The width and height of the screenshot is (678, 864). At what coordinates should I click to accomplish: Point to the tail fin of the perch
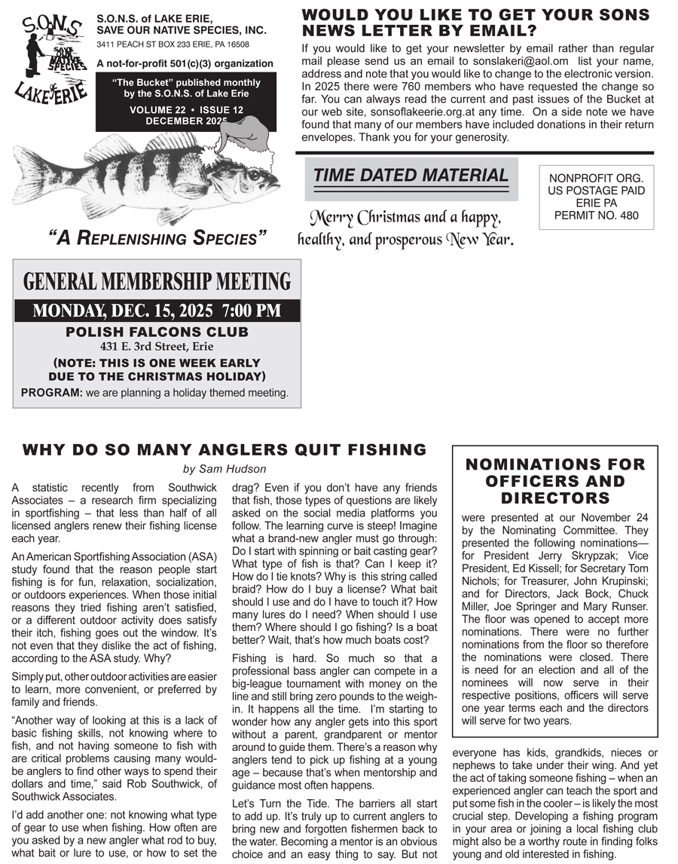pos(34,178)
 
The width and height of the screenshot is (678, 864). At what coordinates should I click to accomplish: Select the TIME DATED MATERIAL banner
pos(411,176)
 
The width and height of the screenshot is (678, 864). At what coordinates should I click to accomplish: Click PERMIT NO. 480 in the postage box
pos(596,216)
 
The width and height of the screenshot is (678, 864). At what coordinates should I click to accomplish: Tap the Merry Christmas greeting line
pos(406,219)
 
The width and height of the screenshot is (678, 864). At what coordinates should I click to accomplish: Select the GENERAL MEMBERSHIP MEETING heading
pos(157,282)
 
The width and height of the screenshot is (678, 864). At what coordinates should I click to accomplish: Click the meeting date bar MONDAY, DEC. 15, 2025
pos(157,311)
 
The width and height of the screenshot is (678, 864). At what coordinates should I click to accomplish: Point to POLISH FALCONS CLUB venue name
pos(157,332)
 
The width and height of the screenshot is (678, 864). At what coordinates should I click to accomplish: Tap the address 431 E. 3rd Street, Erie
pos(157,347)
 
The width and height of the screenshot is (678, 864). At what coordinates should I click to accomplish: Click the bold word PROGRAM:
pos(51,393)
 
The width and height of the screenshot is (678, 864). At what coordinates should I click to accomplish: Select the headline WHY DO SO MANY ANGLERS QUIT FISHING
pos(224,450)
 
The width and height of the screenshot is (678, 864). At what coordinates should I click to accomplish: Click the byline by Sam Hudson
pos(224,469)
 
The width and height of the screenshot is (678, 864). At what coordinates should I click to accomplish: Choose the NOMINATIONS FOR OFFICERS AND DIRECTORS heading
pos(555,481)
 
